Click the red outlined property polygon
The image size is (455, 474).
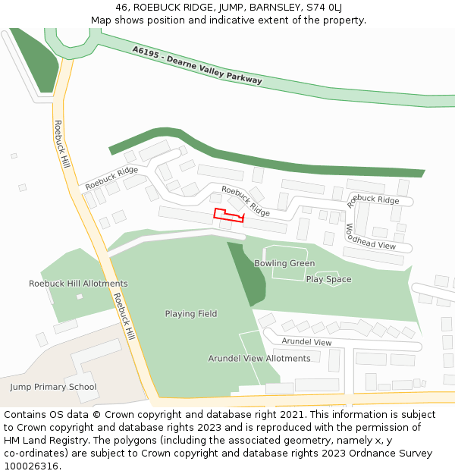[x=227, y=215]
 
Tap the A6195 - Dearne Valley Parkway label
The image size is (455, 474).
[x=196, y=64]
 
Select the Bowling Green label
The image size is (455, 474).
[x=284, y=264]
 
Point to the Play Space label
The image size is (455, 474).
[x=328, y=279]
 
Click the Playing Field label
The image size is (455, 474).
[x=191, y=314]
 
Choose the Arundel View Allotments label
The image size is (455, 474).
[x=259, y=359]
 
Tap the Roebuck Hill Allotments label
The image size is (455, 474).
[x=78, y=284]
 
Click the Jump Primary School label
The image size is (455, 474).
[x=53, y=387]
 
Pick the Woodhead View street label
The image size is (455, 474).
[x=371, y=237]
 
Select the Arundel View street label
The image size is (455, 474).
[x=306, y=342]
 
